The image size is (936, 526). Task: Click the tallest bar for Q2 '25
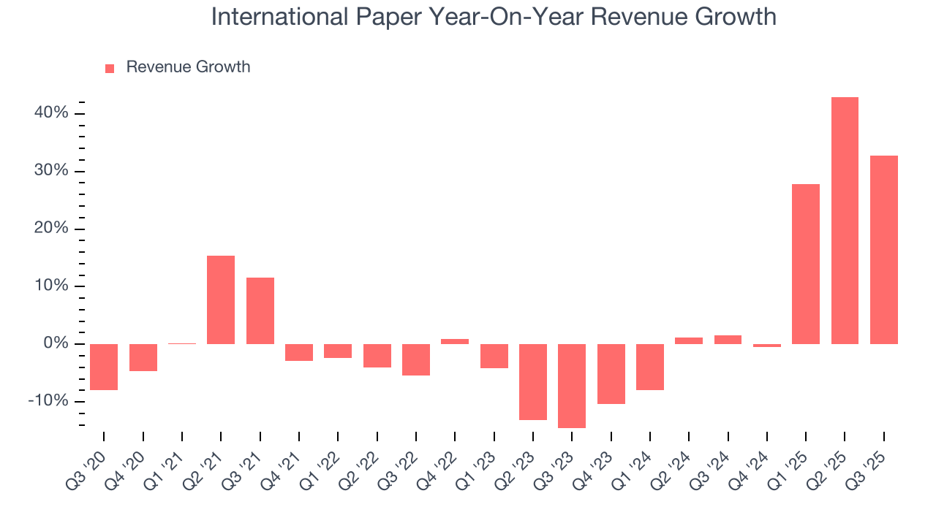pos(845,221)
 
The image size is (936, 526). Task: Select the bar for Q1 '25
pos(806,264)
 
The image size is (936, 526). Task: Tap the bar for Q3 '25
pos(883,250)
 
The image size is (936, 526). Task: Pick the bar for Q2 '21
pos(221,300)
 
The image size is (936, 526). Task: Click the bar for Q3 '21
pos(260,310)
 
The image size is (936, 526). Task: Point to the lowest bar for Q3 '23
pos(572,386)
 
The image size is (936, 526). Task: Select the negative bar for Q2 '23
pos(533,382)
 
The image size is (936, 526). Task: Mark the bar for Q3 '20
pos(104,367)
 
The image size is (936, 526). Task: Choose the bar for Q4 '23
pos(611,374)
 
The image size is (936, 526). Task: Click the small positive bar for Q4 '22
pos(455,341)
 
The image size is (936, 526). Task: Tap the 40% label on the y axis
pos(50,113)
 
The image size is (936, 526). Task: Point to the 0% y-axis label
pos(55,343)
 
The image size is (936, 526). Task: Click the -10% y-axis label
pos(48,401)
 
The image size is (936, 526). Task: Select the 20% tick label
pos(50,229)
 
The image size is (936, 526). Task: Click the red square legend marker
pos(110,68)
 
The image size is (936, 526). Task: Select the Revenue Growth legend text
pos(188,67)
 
